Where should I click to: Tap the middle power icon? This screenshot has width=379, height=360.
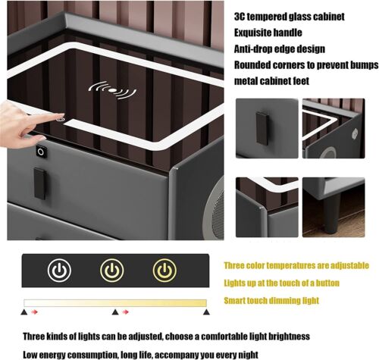click(x=111, y=271)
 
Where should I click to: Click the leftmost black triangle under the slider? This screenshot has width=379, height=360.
click(x=24, y=311)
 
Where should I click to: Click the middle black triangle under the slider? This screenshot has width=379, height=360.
click(x=114, y=311)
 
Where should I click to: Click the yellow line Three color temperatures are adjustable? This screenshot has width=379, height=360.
click(x=296, y=266)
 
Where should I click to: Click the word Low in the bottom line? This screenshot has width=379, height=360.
click(x=33, y=353)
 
